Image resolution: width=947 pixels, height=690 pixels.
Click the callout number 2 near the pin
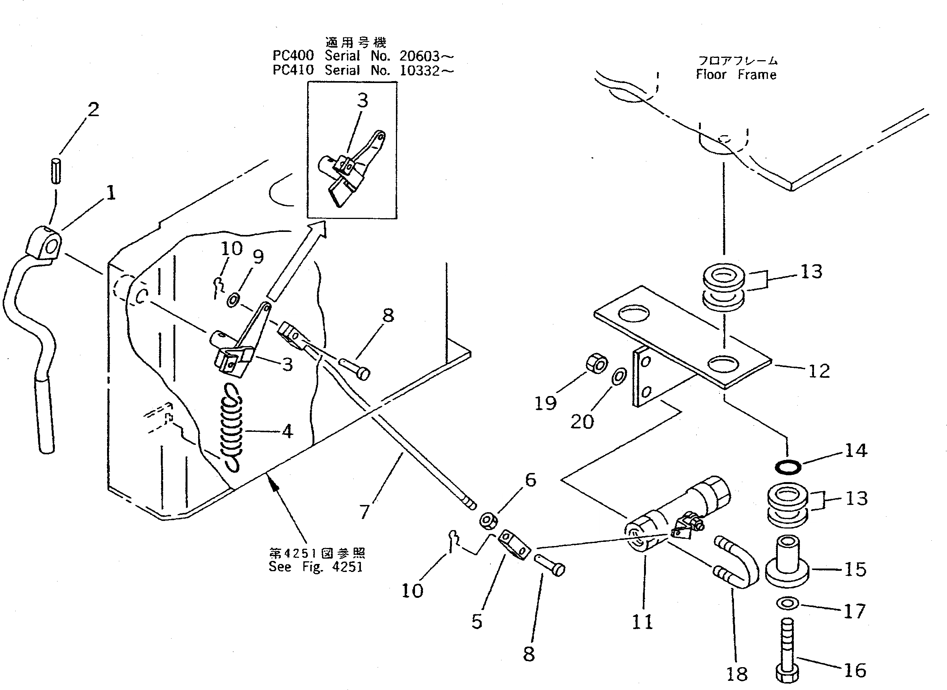coord(94,109)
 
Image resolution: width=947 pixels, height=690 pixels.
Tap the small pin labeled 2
coord(56,171)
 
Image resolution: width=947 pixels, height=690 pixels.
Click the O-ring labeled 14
coord(788,467)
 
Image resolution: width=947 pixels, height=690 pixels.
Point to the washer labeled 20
coord(619,376)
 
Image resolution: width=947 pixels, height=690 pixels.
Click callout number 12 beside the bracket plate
coord(819,371)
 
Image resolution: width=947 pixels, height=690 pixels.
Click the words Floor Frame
coord(736,75)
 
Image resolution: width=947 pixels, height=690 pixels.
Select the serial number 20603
coord(419,56)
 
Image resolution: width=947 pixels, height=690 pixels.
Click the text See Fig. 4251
coord(316,567)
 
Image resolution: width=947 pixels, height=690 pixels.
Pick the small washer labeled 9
coord(233,300)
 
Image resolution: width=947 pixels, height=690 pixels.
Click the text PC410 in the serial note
coord(293,70)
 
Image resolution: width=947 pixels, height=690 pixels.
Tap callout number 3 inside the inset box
coord(362,101)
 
